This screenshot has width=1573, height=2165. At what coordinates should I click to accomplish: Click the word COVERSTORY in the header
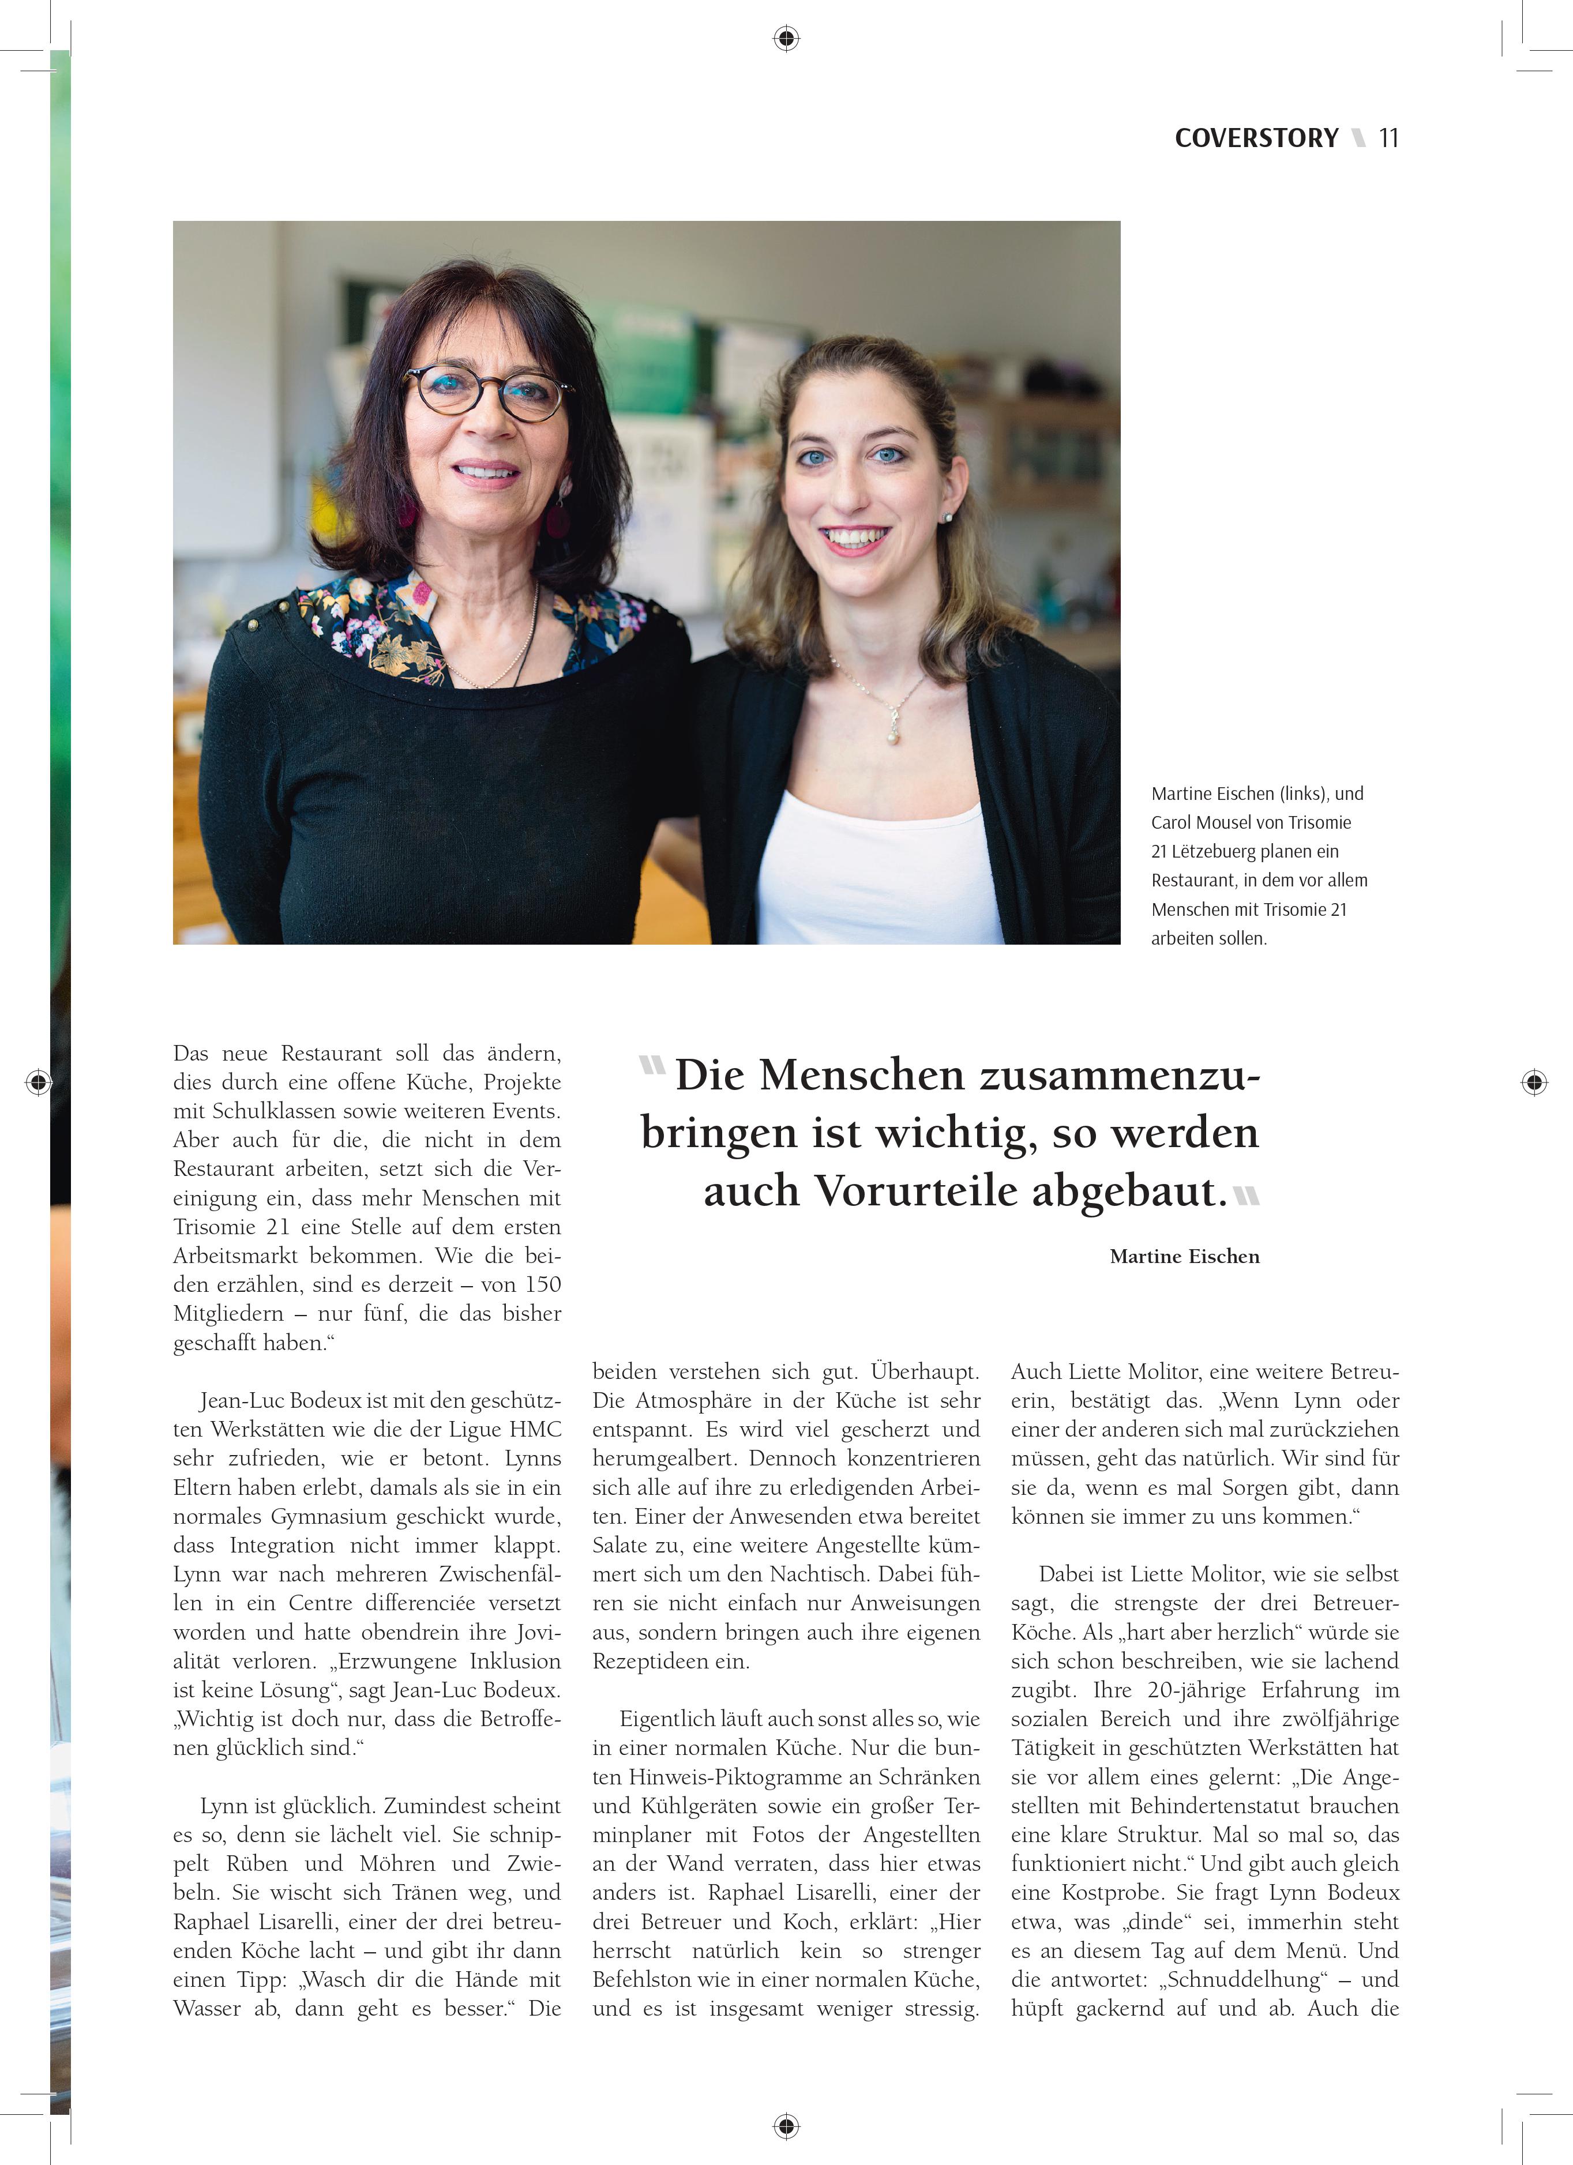point(1256,138)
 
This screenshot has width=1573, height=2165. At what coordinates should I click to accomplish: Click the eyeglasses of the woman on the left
point(487,392)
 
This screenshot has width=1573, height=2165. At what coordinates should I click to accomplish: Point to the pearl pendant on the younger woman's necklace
point(894,736)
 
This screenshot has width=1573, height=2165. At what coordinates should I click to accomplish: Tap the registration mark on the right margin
point(1533,1081)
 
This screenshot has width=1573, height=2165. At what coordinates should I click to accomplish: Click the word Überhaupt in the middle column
point(924,1372)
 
